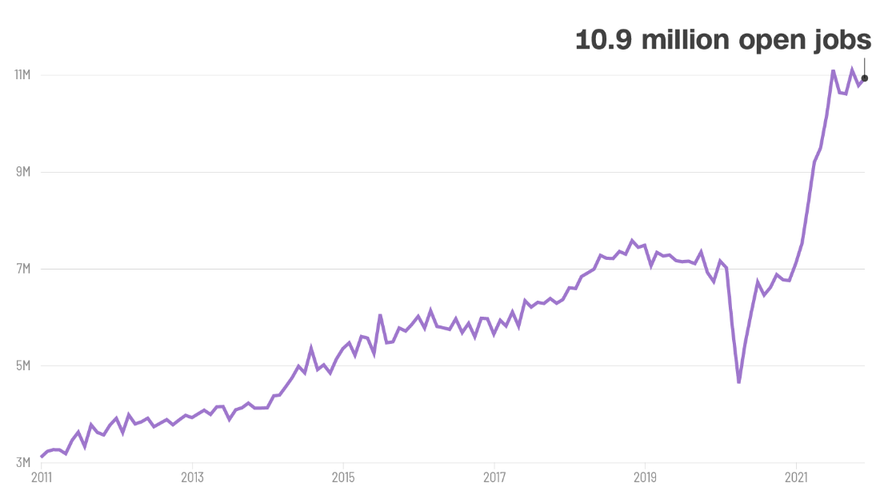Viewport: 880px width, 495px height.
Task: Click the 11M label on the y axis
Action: click(x=21, y=75)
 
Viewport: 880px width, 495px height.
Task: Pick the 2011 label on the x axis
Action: click(x=41, y=478)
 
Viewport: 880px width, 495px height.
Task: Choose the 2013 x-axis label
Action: click(x=192, y=478)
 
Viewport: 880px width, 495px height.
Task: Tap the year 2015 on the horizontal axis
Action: click(x=343, y=478)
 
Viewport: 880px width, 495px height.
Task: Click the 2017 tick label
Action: click(x=494, y=478)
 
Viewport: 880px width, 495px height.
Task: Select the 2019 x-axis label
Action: click(x=645, y=478)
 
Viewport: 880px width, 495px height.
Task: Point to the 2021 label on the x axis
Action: click(x=796, y=478)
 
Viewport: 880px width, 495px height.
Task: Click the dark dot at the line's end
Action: click(x=865, y=78)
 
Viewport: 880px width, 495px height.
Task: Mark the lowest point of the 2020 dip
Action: click(x=739, y=382)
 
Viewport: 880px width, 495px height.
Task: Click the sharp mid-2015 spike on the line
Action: click(x=380, y=315)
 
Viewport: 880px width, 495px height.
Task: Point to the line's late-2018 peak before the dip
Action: click(x=632, y=240)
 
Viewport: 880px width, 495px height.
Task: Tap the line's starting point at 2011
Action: click(x=42, y=457)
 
